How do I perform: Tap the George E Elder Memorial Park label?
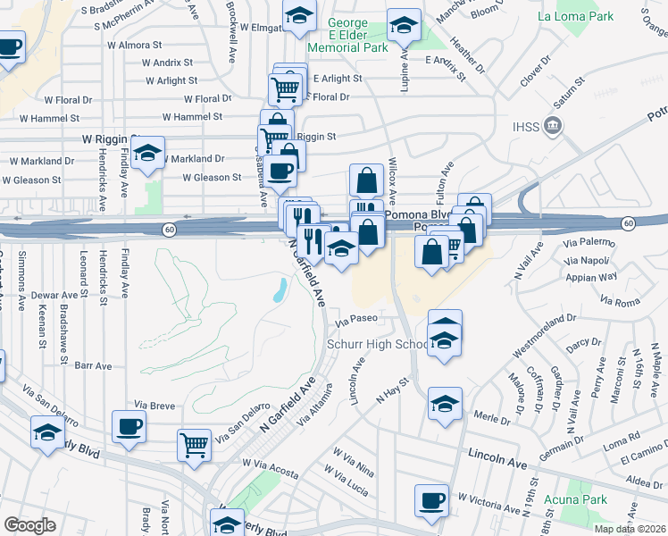click(347, 35)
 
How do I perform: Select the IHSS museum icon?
click(555, 125)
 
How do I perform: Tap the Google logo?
click(29, 525)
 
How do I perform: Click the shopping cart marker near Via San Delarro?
click(194, 444)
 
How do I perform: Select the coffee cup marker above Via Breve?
click(129, 426)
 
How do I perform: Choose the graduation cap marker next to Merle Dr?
click(445, 404)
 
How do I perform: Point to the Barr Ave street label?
click(94, 365)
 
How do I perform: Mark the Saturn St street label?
click(568, 92)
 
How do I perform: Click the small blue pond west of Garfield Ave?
click(280, 288)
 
